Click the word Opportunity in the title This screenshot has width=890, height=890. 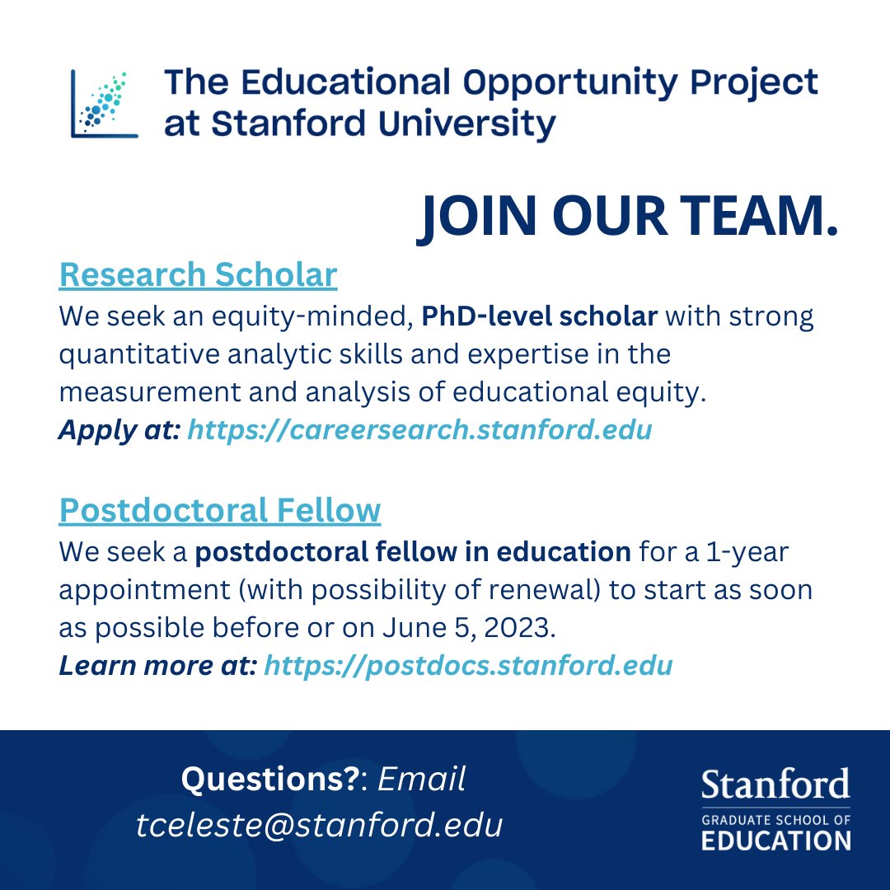click(x=569, y=82)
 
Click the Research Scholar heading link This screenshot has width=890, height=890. click(x=198, y=275)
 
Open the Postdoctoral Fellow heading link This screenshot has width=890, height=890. click(x=219, y=510)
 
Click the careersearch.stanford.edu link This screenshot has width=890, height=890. click(x=419, y=430)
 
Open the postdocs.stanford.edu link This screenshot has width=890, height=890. click(x=467, y=665)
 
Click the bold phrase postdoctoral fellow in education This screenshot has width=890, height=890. click(x=413, y=551)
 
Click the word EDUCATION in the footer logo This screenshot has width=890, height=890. click(x=775, y=841)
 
